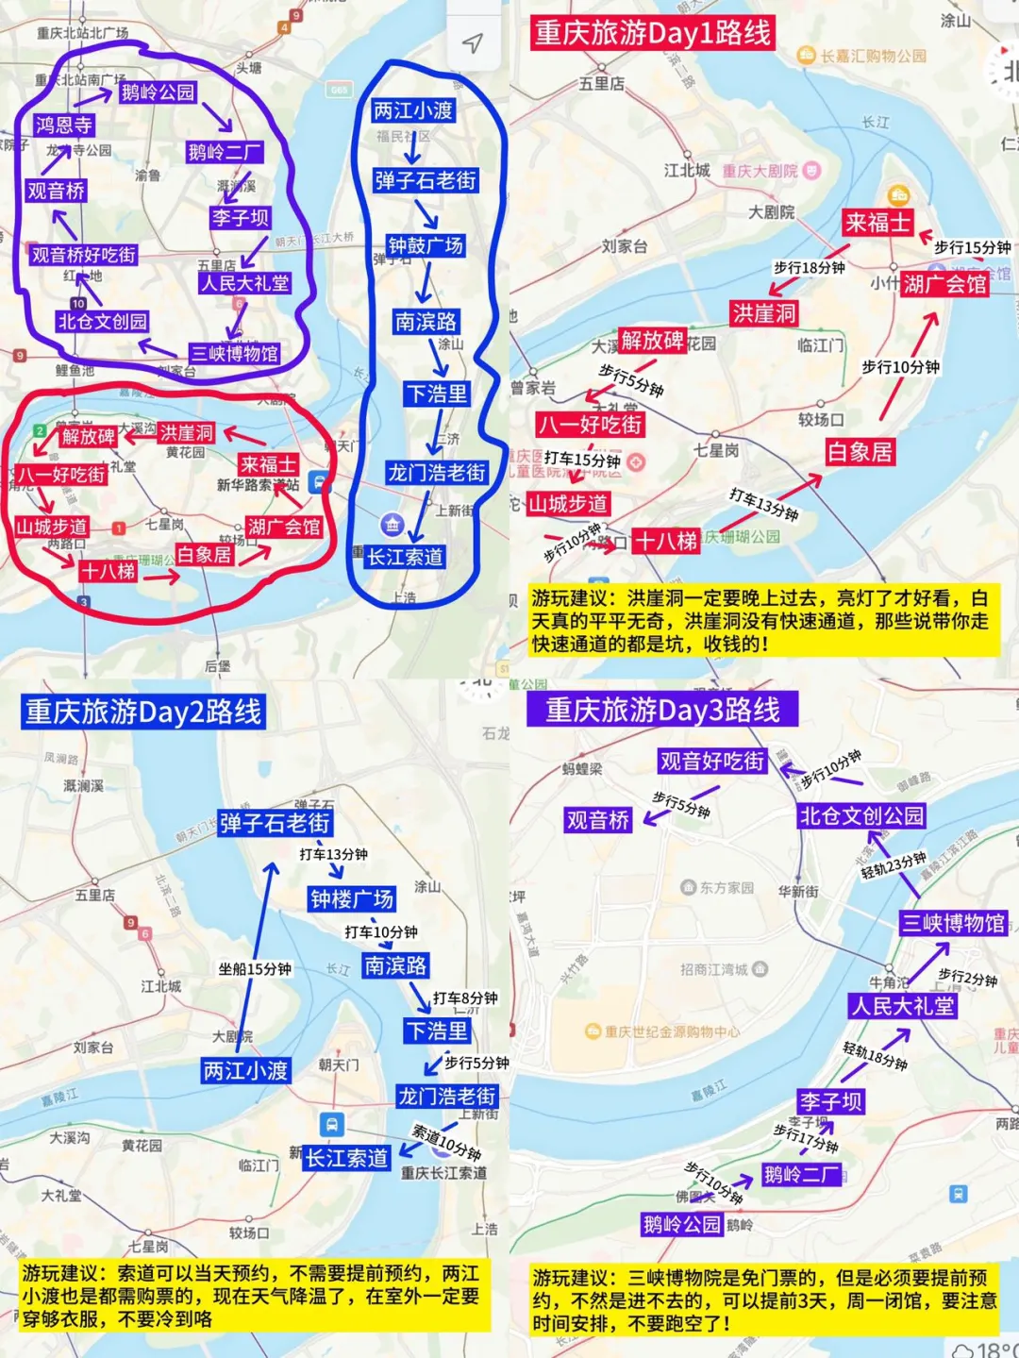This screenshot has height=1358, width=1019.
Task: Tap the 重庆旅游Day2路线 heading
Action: coord(143,712)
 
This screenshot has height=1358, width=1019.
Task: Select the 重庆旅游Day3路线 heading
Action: coord(662,710)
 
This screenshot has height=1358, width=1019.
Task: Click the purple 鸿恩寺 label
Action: coord(63,125)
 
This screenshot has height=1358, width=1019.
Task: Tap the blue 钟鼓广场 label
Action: coord(426,245)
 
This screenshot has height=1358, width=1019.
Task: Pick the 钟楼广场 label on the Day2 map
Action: coord(352,898)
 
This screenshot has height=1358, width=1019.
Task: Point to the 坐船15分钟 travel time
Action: coord(255,969)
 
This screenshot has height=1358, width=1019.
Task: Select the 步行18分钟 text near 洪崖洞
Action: coord(809,268)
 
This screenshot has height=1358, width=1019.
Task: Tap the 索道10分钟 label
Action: coord(447,1142)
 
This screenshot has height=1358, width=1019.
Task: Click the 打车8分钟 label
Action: coord(465,998)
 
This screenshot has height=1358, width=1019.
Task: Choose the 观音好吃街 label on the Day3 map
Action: coord(711,761)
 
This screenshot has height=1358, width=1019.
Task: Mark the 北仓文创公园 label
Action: coord(861,815)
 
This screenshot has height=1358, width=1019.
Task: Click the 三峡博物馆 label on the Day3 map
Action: coord(953,923)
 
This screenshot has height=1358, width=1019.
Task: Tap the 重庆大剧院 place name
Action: coord(760,171)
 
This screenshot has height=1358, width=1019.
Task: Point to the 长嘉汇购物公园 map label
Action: coord(873,56)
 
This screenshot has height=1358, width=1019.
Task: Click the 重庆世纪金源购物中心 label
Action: coord(672,1031)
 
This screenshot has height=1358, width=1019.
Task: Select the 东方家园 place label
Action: coord(727,887)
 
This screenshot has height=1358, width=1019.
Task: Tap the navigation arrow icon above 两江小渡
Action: coord(472,42)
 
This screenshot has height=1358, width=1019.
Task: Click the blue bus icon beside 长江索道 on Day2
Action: coord(331,1125)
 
